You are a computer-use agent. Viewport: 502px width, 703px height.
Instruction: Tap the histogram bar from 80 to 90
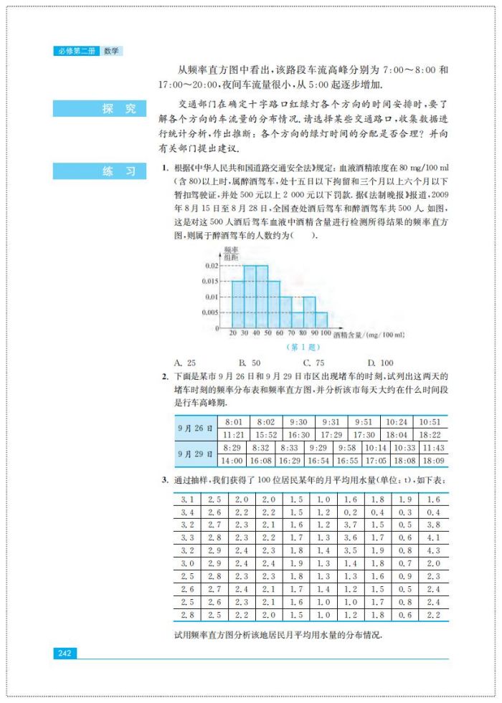coord(309,312)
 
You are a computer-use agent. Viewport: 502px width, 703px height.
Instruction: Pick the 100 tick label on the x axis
coord(326,334)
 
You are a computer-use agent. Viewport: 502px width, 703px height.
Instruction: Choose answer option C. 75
coord(313,363)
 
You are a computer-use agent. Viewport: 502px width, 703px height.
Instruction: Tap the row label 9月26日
coord(195,429)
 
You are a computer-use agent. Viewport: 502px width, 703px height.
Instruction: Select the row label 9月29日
coord(195,454)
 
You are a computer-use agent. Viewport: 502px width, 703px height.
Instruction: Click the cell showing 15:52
coord(265,435)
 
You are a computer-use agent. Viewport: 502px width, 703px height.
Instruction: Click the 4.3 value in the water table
coord(433,550)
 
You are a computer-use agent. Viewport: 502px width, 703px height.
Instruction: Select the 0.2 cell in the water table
coord(351,512)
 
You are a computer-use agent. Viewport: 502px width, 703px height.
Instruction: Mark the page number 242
coord(64,653)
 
